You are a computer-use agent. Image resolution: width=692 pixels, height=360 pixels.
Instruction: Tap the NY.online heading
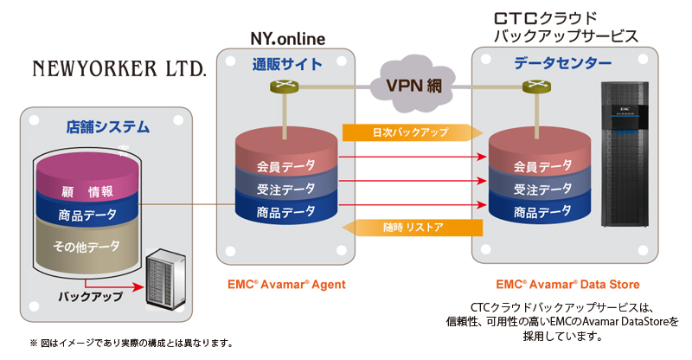pyautogui.click(x=287, y=39)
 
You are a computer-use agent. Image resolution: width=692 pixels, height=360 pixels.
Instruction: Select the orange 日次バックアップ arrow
pyautogui.click(x=412, y=132)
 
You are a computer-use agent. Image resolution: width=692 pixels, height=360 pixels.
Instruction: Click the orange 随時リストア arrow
pyautogui.click(x=412, y=228)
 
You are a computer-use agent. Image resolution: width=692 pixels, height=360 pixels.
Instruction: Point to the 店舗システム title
pyautogui.click(x=107, y=126)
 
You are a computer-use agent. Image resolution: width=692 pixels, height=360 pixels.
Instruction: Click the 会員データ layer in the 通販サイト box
pyautogui.click(x=285, y=165)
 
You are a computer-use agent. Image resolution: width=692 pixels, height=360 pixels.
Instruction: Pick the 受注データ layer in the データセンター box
pyautogui.click(x=542, y=189)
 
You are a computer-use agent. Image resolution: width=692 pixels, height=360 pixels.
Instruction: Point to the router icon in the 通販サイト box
pyautogui.click(x=287, y=87)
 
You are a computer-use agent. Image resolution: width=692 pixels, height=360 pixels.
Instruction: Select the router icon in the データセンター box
pyautogui.click(x=541, y=87)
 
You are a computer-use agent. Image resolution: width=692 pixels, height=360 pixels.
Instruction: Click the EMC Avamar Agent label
pyautogui.click(x=286, y=284)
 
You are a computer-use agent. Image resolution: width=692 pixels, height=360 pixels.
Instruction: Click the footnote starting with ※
pyautogui.click(x=130, y=344)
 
